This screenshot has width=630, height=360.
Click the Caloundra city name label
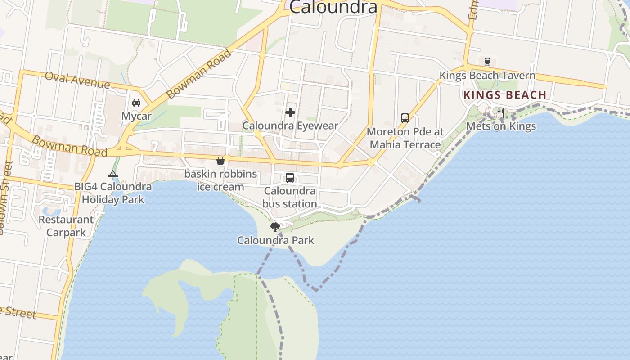(333, 7)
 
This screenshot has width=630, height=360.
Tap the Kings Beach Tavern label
(487, 76)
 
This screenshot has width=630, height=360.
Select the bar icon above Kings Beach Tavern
(487, 62)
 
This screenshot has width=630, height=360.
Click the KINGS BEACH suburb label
(505, 95)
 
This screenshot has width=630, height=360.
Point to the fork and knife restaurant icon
(500, 113)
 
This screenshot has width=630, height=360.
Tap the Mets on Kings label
(501, 126)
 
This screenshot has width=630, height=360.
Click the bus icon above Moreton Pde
(405, 118)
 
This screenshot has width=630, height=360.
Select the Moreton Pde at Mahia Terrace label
(405, 138)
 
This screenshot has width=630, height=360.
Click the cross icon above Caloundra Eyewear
(290, 112)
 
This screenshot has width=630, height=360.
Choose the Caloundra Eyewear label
(290, 126)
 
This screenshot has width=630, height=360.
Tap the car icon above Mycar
(136, 103)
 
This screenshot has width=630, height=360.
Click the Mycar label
(136, 117)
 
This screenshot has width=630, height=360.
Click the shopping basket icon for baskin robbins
(220, 161)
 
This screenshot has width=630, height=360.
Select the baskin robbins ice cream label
(220, 180)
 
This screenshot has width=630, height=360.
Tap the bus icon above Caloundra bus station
(290, 178)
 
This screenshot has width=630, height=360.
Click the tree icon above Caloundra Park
(275, 227)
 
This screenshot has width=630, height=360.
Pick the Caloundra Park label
(276, 240)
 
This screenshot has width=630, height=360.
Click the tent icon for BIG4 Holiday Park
(113, 174)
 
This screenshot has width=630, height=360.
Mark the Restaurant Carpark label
(66, 226)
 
